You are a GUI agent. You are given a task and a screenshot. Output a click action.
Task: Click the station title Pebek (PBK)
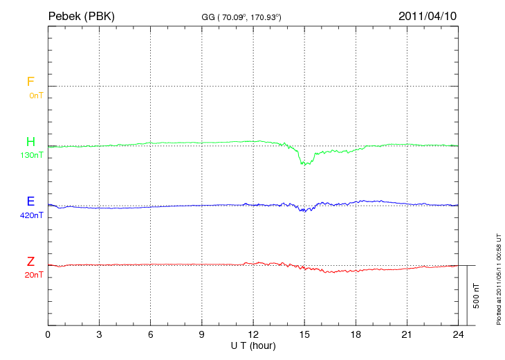pos(81,15)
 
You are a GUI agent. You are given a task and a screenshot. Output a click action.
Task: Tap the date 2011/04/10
pos(428,15)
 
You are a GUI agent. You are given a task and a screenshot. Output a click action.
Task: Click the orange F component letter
pos(30,82)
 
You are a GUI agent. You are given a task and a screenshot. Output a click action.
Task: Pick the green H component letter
pos(30,142)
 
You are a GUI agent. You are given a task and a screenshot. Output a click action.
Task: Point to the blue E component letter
pos(30,201)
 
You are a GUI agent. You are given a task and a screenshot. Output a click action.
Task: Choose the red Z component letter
pos(30,261)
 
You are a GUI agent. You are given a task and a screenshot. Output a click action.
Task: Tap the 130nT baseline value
pos(33,155)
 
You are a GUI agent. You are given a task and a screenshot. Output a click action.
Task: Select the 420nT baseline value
pos(33,215)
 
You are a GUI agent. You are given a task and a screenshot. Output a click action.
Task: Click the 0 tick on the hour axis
pos(48,335)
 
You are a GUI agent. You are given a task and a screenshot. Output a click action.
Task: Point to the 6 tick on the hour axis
pos(151,335)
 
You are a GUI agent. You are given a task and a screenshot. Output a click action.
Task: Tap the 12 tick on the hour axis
pos(253,335)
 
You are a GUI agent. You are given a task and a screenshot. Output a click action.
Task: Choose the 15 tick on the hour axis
pos(304,335)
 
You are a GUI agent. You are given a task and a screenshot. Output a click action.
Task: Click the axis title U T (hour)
pos(253,345)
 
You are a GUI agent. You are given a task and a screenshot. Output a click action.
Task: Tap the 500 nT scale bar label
pos(477,296)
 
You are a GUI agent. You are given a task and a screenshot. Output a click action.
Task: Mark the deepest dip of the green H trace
pos(304,164)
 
